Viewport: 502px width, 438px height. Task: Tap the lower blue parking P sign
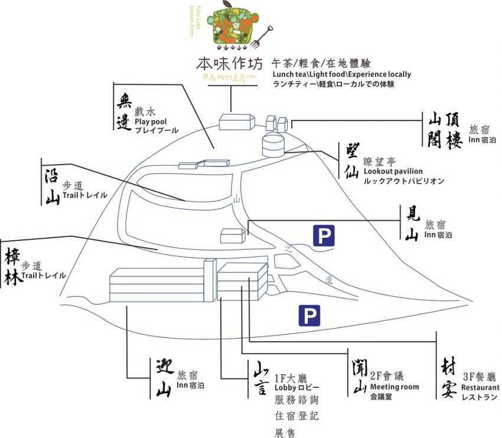click(309, 315)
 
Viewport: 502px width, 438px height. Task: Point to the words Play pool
click(151, 122)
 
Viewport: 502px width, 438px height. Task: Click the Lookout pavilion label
click(393, 171)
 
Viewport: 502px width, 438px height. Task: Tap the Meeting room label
click(395, 387)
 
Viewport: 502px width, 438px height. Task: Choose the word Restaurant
click(480, 388)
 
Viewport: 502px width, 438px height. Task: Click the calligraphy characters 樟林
click(13, 267)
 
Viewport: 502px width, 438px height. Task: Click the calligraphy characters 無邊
click(124, 107)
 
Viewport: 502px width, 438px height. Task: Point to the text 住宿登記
click(296, 417)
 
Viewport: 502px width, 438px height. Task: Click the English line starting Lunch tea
click(341, 75)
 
